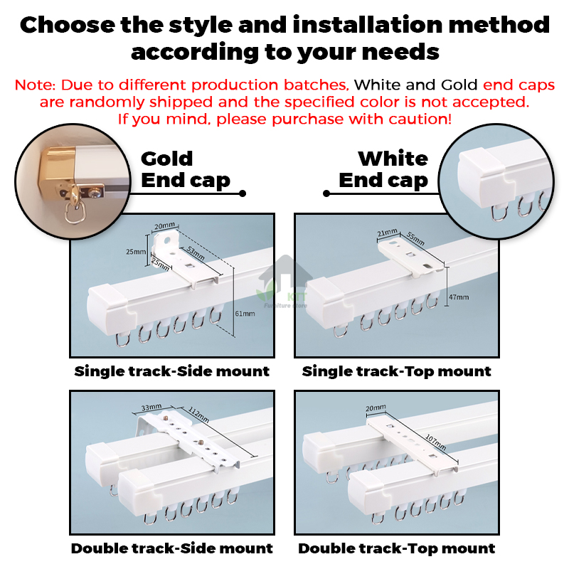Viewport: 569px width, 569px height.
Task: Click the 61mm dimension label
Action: [245, 314]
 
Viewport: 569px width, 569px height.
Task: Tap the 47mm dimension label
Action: [459, 297]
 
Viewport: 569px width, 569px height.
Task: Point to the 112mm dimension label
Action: [198, 415]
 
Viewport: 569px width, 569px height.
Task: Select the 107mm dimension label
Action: [435, 442]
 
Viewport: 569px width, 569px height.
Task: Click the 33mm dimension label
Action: [151, 407]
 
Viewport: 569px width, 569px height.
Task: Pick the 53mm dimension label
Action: [196, 252]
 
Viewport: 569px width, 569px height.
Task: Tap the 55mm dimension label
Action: [415, 238]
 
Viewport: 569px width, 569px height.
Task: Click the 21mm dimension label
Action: [387, 233]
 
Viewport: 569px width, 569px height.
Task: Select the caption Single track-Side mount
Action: [171, 371]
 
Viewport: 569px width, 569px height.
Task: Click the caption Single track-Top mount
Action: [397, 371]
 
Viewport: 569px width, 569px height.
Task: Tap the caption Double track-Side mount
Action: [171, 548]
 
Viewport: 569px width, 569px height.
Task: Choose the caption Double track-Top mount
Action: [397, 548]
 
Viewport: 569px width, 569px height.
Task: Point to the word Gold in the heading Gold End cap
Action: [166, 159]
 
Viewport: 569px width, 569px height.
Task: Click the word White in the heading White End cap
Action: [393, 159]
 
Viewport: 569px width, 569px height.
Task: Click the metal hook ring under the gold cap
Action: [75, 214]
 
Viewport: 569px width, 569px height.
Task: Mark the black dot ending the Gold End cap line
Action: [243, 193]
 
